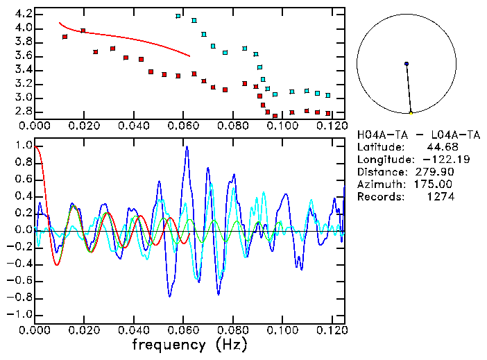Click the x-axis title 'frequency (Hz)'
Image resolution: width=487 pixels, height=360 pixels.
click(189, 344)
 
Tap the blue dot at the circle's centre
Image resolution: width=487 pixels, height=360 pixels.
click(407, 64)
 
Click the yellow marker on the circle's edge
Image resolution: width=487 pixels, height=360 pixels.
click(411, 113)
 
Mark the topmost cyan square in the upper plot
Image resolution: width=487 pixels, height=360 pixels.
click(178, 16)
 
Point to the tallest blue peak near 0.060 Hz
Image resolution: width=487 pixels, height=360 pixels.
click(186, 147)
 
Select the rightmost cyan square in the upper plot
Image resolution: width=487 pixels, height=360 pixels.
click(328, 96)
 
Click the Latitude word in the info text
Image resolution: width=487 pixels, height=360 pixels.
click(379, 147)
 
